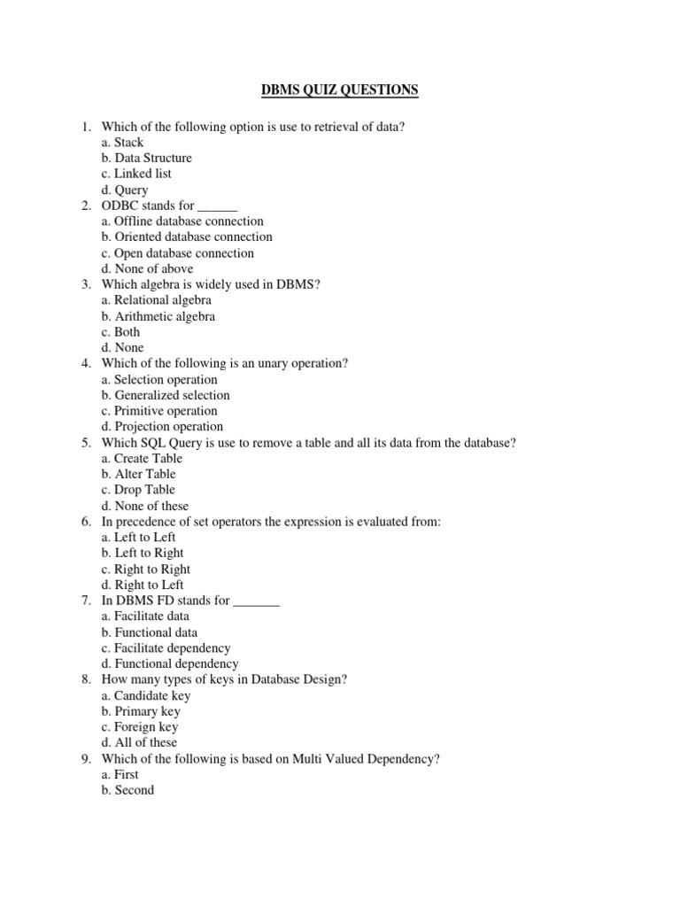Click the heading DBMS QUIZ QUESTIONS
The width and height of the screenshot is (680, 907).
pyautogui.click(x=339, y=89)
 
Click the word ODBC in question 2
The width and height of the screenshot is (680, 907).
pyautogui.click(x=120, y=205)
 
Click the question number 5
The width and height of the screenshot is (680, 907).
pyautogui.click(x=86, y=443)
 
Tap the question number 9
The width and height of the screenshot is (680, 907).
pyautogui.click(x=86, y=759)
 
